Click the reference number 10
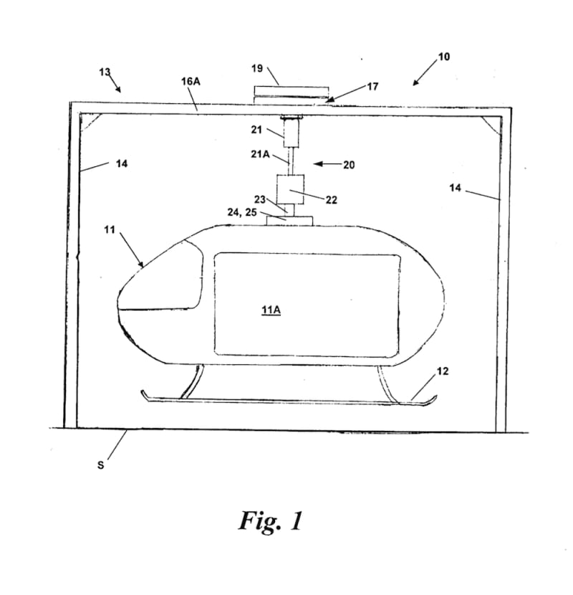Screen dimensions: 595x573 (x=443, y=56)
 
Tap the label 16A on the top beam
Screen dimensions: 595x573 (x=191, y=82)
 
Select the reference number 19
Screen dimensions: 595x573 (x=256, y=69)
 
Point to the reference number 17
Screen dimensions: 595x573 (x=372, y=87)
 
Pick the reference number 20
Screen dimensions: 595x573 (x=349, y=164)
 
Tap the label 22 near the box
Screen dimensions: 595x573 (x=331, y=200)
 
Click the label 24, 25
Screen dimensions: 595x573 (x=242, y=213)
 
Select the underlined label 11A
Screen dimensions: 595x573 (x=271, y=310)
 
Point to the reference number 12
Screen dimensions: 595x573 (x=442, y=371)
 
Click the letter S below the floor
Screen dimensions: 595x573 (x=100, y=465)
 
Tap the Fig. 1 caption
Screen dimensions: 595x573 (x=270, y=521)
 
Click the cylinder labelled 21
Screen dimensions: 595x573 (x=292, y=133)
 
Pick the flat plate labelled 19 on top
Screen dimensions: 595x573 (x=292, y=92)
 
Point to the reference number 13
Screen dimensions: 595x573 (x=105, y=72)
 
